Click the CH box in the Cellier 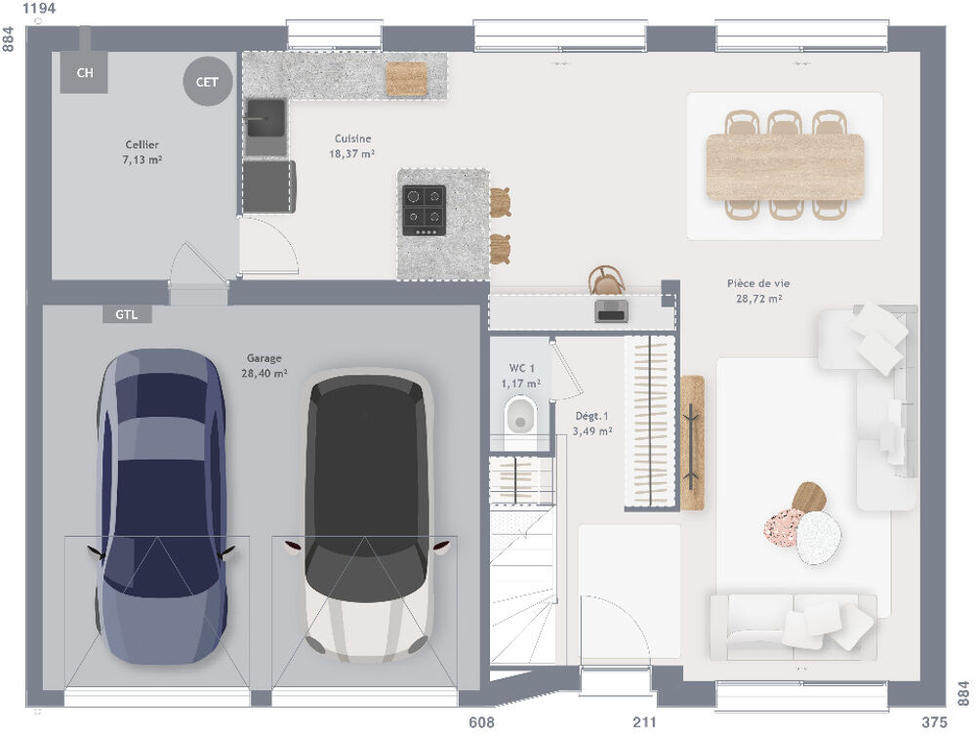point(84,72)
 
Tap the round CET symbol point(207,82)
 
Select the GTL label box point(127,314)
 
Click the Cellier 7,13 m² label point(142,152)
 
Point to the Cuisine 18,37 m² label point(352,146)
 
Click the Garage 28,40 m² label point(264,366)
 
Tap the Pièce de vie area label point(758,291)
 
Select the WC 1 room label point(522,376)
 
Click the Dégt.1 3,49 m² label point(591,424)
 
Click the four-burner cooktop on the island point(424,210)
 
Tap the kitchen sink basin point(264,124)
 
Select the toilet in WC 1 point(521,416)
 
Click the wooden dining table point(785,166)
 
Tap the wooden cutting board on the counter point(406,79)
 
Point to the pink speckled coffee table point(783,527)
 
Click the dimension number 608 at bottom point(482,722)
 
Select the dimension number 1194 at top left point(38,9)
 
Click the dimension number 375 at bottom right point(934,722)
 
